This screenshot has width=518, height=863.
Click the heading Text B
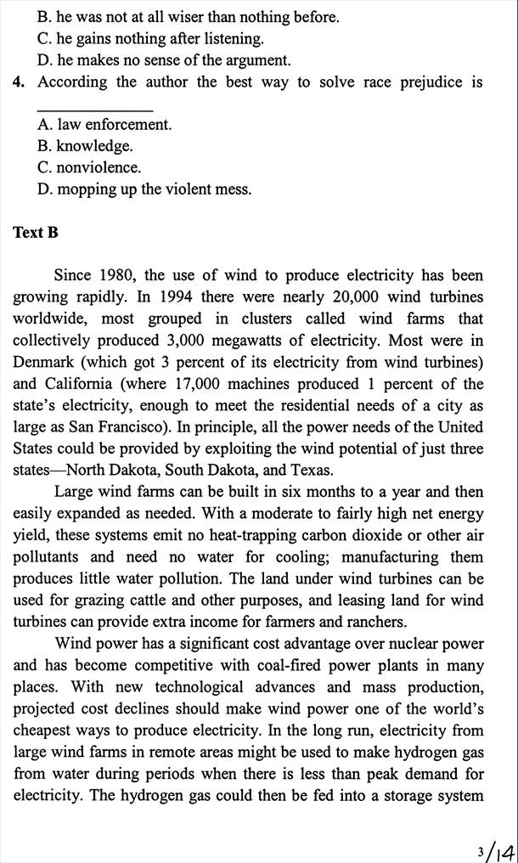(x=36, y=233)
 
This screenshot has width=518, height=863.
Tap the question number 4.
(x=18, y=82)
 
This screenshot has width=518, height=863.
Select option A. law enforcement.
(x=104, y=125)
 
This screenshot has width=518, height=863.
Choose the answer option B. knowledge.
(x=85, y=146)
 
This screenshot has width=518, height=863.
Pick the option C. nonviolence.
(x=89, y=167)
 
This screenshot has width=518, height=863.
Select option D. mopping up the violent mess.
(x=144, y=189)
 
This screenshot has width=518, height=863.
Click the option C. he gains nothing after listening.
(x=150, y=39)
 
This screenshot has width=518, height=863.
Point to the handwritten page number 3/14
(x=495, y=849)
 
